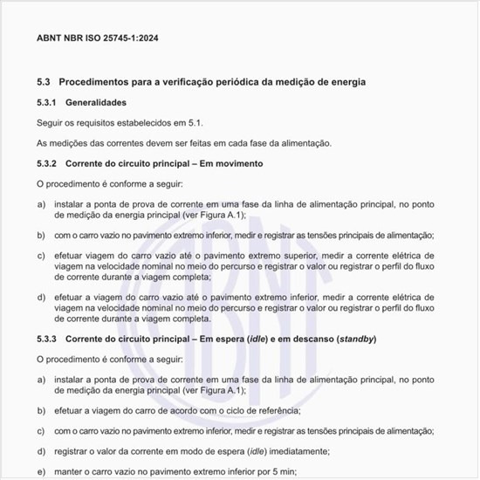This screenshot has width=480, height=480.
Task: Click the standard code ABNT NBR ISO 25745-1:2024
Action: (97, 38)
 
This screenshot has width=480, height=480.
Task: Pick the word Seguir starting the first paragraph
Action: (50, 123)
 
